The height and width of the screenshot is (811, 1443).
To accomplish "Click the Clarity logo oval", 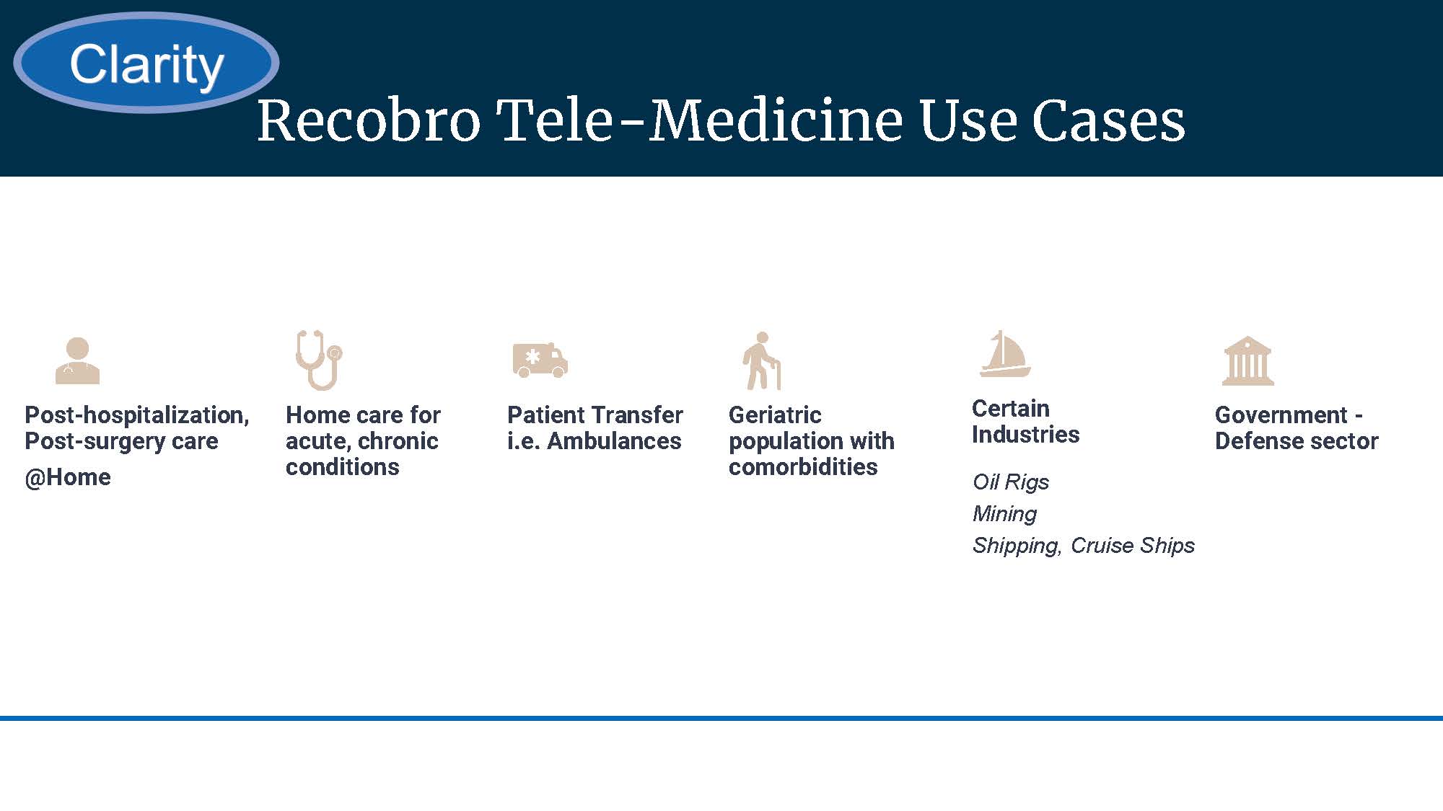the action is click(x=146, y=63).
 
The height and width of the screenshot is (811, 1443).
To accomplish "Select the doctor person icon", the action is click(x=78, y=360).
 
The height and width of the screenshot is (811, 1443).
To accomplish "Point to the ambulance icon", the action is click(x=540, y=360).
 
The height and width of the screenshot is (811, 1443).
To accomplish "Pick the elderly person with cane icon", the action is click(x=762, y=360).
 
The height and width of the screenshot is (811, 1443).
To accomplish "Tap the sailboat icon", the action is click(x=1005, y=354).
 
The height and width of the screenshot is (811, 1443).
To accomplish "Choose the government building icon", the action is click(x=1248, y=360).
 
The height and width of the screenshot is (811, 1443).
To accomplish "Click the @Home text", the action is click(x=68, y=477).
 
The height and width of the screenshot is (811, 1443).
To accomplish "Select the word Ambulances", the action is click(x=614, y=441).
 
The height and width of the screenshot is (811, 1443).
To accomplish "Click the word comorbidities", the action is click(x=803, y=467).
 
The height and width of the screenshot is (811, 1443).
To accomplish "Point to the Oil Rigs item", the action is click(x=1011, y=482).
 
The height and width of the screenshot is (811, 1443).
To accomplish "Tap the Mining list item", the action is click(x=1004, y=513).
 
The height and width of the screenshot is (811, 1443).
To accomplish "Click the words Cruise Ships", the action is click(x=1133, y=545).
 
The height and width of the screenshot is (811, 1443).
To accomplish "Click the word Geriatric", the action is click(x=775, y=415).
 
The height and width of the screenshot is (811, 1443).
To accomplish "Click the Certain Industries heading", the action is click(x=1025, y=422).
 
